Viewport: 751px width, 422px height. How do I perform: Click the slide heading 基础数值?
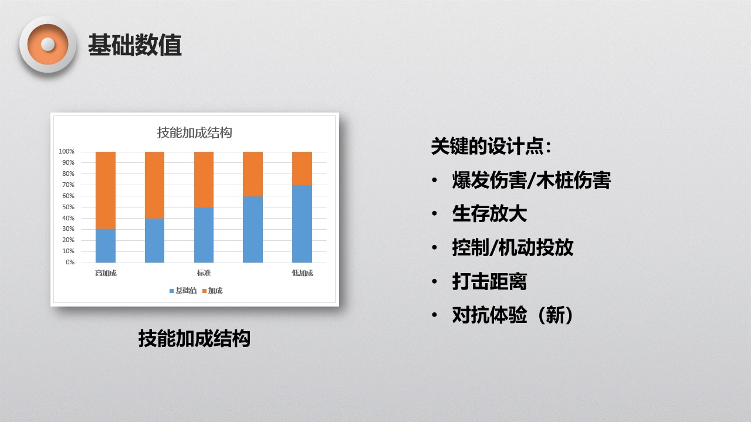click(x=135, y=45)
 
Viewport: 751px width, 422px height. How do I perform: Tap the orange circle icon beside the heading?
click(x=48, y=45)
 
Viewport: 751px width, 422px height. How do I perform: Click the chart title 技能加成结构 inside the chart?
click(x=194, y=132)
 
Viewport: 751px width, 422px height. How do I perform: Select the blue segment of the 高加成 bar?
click(x=106, y=246)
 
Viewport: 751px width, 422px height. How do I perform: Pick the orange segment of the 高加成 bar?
click(x=106, y=190)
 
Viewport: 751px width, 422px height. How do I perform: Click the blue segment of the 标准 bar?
click(x=204, y=235)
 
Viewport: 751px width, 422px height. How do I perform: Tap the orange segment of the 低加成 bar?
click(x=302, y=168)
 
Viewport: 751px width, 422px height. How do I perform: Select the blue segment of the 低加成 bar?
click(x=302, y=224)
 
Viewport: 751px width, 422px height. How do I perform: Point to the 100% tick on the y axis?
click(x=66, y=151)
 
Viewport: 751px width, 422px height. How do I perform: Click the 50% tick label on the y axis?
click(x=68, y=207)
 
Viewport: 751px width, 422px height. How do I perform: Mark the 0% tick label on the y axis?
click(x=70, y=262)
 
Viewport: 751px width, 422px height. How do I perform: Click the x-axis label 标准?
click(x=204, y=273)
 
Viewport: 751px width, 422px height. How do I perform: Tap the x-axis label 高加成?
click(x=106, y=273)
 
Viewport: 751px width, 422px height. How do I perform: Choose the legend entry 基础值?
click(x=183, y=291)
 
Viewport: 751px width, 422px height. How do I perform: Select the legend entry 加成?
click(x=212, y=291)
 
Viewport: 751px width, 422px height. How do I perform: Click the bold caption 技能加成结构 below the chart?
click(x=194, y=338)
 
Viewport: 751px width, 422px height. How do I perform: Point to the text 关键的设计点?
click(x=487, y=146)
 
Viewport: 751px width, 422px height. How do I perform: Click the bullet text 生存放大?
click(x=489, y=214)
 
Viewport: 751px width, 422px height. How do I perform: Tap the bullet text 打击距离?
click(x=489, y=281)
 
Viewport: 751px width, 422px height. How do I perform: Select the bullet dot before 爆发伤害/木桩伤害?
click(x=435, y=180)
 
